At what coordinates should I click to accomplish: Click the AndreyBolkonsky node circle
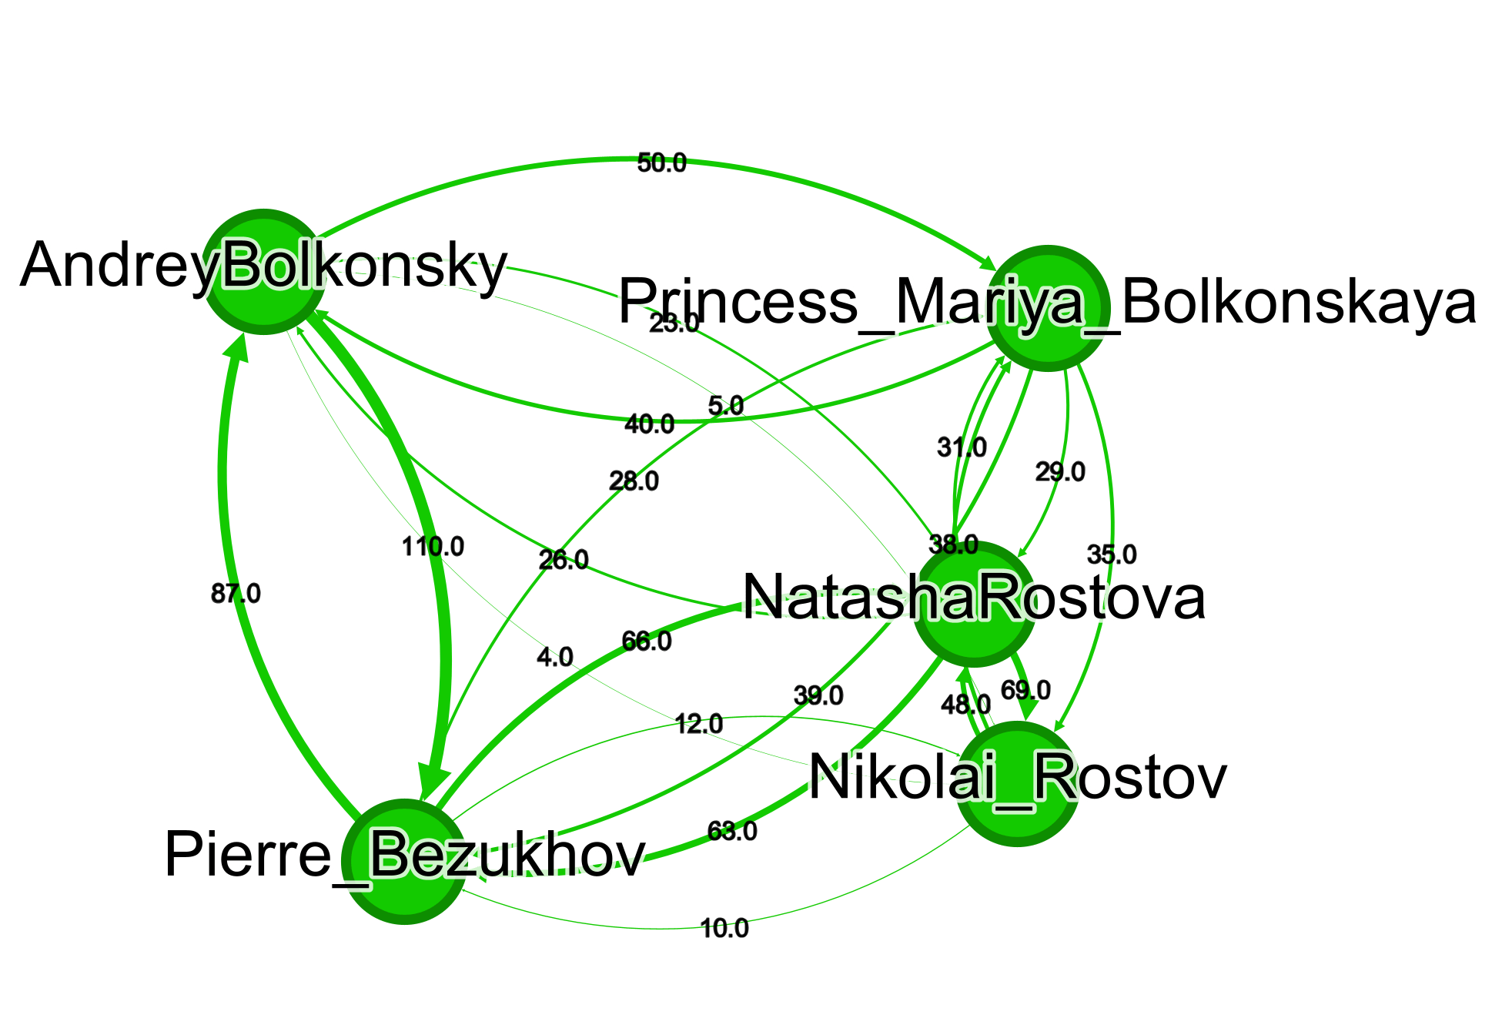coord(263,272)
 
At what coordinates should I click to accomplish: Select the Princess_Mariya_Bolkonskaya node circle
coord(1048,308)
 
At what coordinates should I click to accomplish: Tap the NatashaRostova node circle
coord(975,605)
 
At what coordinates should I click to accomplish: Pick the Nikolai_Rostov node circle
coord(1016,784)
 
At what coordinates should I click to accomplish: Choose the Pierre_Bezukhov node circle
coord(403,862)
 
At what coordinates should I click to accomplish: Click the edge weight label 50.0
coord(661,163)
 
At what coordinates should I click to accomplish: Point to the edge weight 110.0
coord(433,547)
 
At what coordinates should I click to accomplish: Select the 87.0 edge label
coord(236,594)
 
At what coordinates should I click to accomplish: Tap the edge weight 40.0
coord(649,424)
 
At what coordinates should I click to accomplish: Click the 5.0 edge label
coord(725,406)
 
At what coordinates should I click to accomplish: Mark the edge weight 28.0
coord(634,481)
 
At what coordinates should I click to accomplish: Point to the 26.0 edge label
coord(564,560)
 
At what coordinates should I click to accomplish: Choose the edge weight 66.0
coord(647,641)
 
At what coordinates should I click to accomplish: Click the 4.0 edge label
coord(555,657)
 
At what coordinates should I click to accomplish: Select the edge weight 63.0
coord(732,831)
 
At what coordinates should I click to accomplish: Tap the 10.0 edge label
coord(724,928)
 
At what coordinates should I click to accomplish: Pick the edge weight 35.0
coord(1112,554)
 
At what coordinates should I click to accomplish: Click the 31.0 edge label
coord(962,447)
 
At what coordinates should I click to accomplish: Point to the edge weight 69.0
coord(1025,690)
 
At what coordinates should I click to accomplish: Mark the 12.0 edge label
coord(698,724)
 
